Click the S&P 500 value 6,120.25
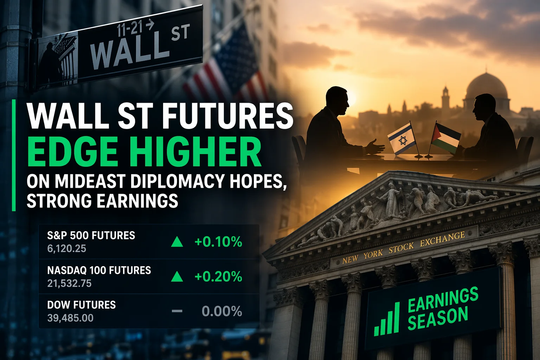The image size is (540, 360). pyautogui.click(x=67, y=249)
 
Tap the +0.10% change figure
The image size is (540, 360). pyautogui.click(x=218, y=242)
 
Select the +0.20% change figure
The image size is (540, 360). pyautogui.click(x=218, y=277)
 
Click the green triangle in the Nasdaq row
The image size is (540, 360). pyautogui.click(x=177, y=277)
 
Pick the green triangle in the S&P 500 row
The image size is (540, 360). pyautogui.click(x=177, y=242)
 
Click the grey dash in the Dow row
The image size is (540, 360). pyautogui.click(x=177, y=311)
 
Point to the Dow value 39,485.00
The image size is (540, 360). pyautogui.click(x=70, y=318)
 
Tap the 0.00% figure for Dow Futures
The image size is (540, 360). pyautogui.click(x=222, y=311)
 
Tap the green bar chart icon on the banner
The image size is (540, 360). pyautogui.click(x=387, y=319)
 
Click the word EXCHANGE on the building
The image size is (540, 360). pyautogui.click(x=442, y=239)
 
